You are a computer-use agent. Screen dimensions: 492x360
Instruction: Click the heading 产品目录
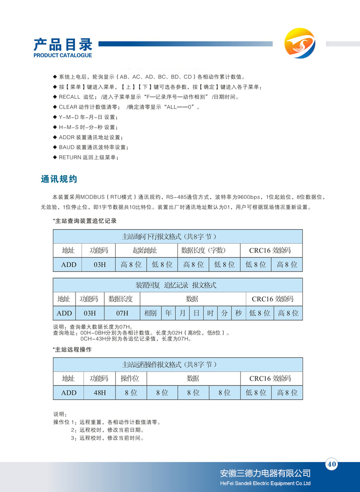point(62,44)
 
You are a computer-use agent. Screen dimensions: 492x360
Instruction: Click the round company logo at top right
point(300,43)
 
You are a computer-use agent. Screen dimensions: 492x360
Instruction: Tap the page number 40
point(332,465)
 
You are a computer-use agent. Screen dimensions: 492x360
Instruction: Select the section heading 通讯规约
point(59,179)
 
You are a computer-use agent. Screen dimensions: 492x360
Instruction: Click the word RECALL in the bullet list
point(69,97)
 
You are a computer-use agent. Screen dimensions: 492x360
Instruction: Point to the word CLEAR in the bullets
point(68,107)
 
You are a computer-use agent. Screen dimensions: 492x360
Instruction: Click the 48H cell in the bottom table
point(99,393)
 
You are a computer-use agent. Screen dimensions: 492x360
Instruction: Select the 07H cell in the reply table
point(122,313)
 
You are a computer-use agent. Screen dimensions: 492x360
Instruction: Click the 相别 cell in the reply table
point(151,313)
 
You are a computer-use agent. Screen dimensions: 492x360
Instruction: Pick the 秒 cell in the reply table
point(239,313)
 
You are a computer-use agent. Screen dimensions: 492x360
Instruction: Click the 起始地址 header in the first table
point(145,250)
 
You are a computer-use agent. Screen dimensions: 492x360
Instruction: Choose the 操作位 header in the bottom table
point(130,378)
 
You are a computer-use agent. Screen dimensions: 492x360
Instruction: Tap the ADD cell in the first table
point(68,265)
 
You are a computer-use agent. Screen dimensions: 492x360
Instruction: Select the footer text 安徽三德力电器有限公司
point(265,473)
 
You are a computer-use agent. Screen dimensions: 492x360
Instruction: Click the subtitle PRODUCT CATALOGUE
point(63,55)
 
